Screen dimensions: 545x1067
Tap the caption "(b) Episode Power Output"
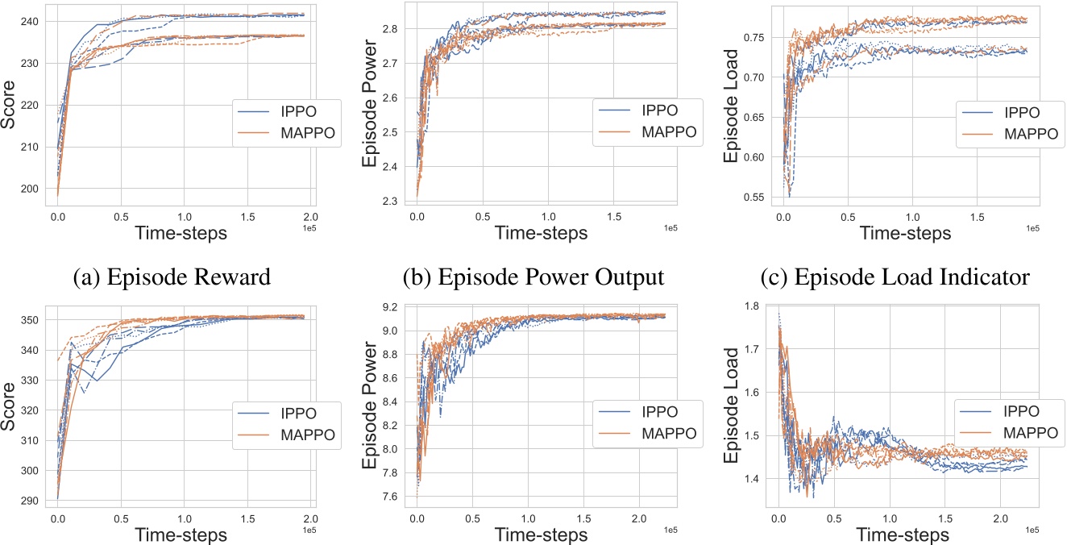coord(532,278)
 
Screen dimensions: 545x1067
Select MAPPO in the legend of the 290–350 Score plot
coord(284,436)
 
